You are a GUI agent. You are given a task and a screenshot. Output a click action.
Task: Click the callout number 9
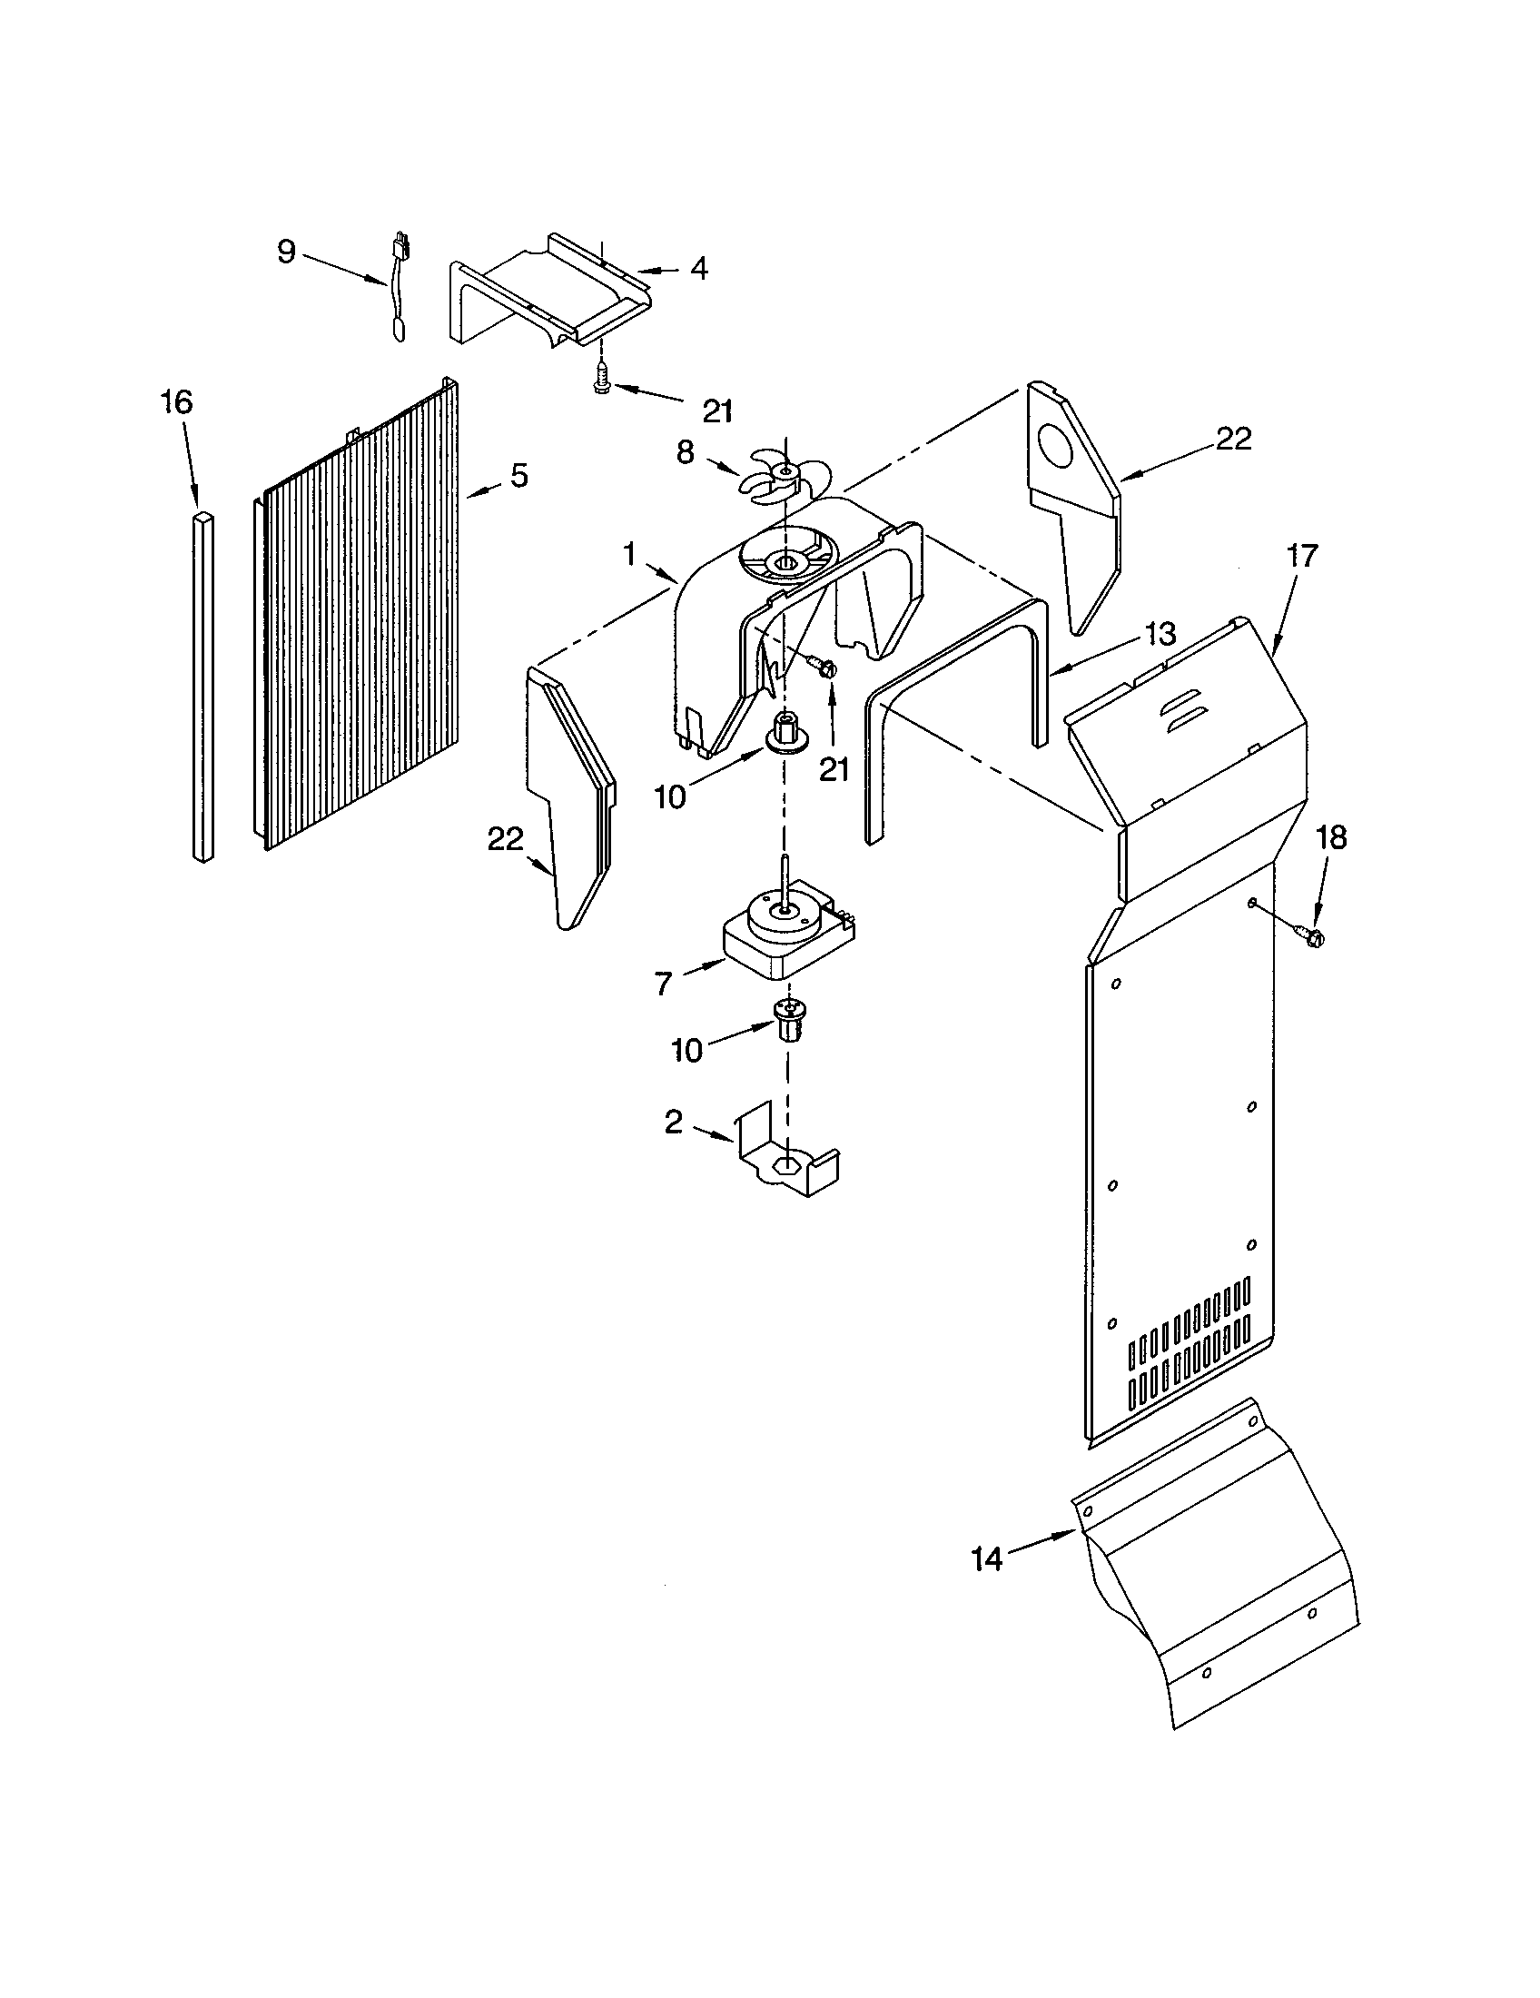point(287,252)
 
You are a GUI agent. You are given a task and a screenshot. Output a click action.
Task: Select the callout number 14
point(987,1558)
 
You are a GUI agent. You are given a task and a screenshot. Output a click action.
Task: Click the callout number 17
point(1302,555)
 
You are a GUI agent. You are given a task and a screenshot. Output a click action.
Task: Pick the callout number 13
point(1160,634)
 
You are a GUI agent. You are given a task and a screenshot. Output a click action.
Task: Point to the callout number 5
point(518,475)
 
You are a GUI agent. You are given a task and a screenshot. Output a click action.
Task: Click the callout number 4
point(698,269)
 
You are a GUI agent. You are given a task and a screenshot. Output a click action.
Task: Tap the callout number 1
point(629,553)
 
